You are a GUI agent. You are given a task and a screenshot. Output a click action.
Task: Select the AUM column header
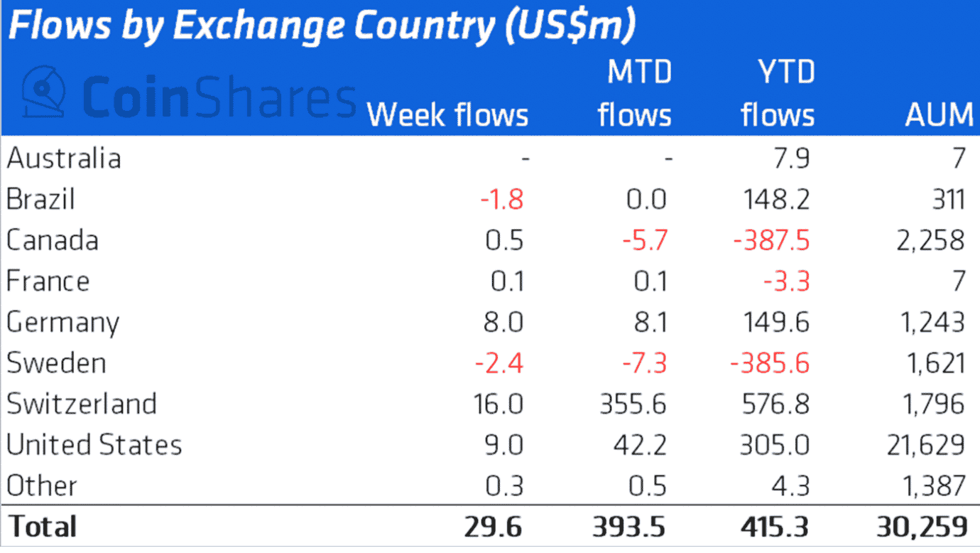(939, 115)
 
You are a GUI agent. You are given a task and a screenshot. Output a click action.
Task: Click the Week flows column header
(447, 115)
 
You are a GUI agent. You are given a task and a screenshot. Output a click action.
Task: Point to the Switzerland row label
(82, 404)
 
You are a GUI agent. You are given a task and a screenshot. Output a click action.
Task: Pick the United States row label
(94, 445)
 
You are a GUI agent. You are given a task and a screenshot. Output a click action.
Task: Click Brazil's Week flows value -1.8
(501, 200)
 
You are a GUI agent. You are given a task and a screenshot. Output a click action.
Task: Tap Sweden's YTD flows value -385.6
(771, 363)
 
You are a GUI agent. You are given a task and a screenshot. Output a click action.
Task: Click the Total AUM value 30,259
(922, 527)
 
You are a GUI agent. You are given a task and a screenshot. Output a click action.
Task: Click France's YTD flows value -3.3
(787, 281)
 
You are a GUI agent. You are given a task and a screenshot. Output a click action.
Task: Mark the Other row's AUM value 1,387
(930, 486)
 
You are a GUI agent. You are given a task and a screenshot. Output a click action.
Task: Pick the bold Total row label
(42, 527)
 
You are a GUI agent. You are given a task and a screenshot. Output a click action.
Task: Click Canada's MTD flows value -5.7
(645, 240)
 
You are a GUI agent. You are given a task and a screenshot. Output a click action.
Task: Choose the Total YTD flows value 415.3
(774, 527)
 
